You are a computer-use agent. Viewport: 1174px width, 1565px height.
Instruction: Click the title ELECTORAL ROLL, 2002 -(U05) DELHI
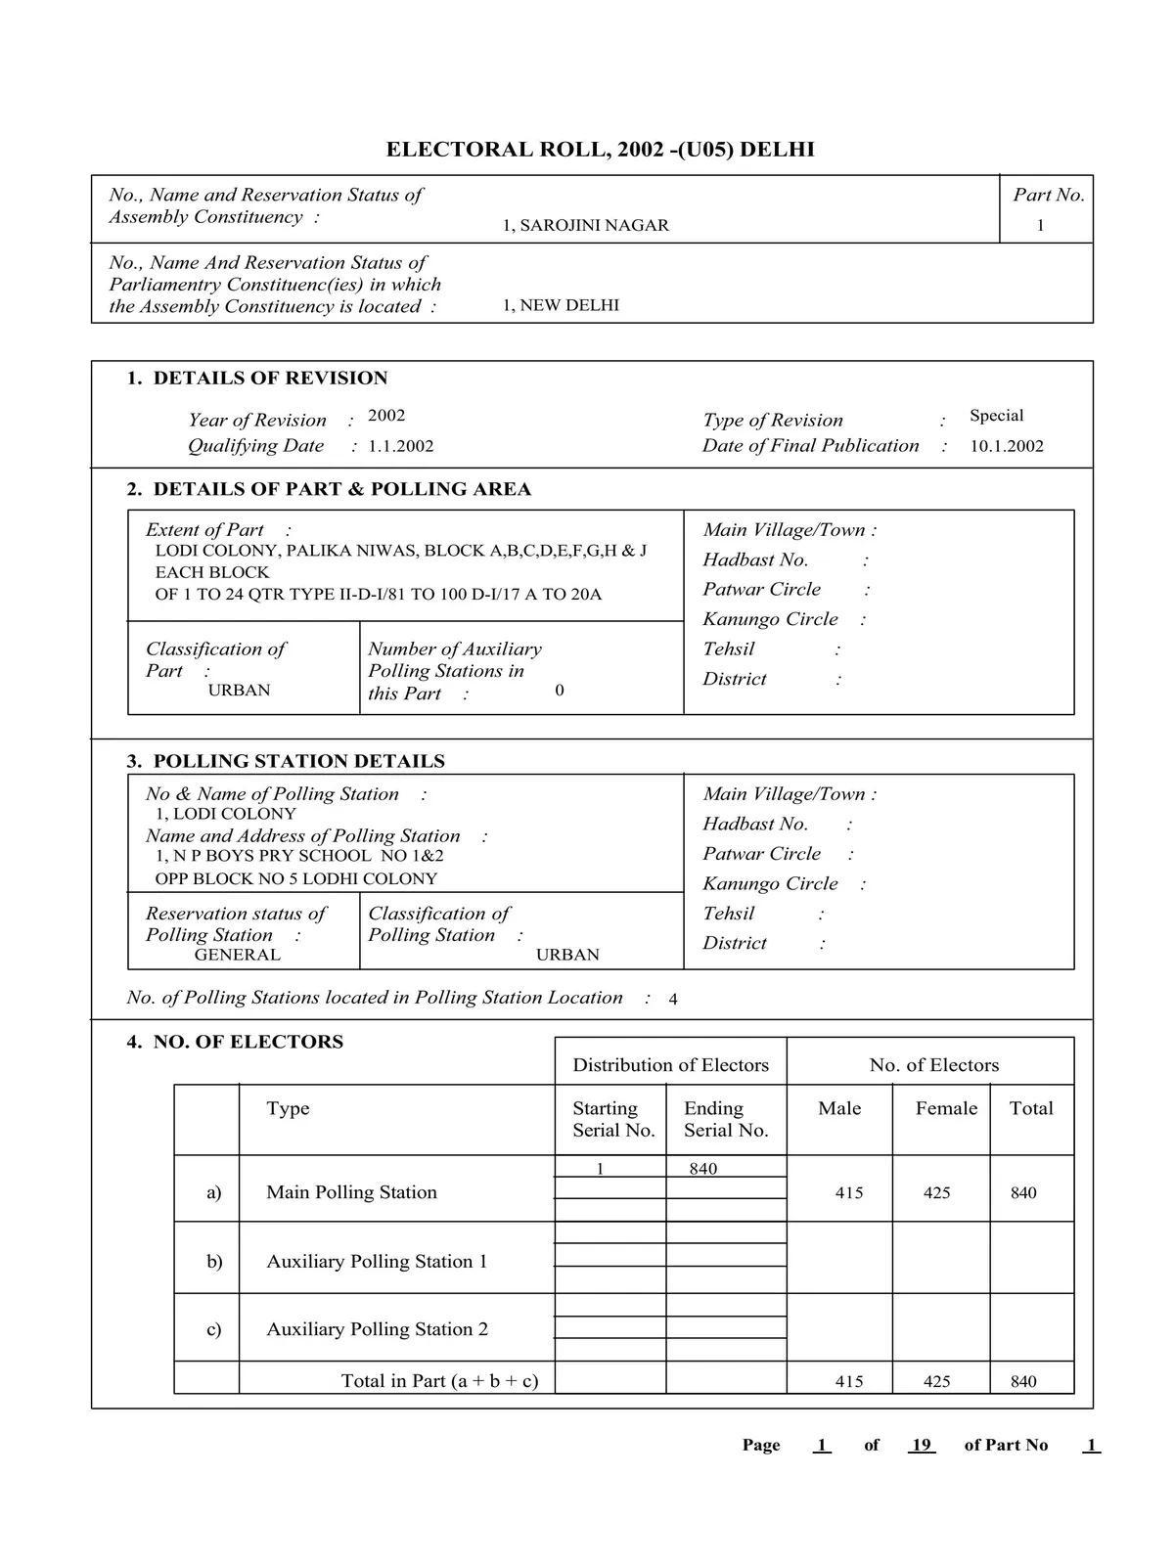point(600,150)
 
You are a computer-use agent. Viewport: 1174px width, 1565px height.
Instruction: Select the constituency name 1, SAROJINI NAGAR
point(585,225)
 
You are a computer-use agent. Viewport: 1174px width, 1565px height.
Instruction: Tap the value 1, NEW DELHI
point(561,305)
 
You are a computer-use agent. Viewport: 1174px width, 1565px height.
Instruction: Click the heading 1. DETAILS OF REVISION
point(257,378)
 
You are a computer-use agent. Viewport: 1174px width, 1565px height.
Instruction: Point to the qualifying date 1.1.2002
point(400,446)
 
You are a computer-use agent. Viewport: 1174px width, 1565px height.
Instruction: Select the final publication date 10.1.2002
point(1007,446)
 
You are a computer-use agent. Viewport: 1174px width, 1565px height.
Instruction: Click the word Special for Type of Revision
point(996,416)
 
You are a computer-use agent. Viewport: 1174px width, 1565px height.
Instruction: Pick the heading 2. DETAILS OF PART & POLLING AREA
point(329,489)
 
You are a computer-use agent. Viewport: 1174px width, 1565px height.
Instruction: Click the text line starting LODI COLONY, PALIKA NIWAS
point(400,551)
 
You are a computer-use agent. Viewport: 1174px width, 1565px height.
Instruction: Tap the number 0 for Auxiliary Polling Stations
point(560,691)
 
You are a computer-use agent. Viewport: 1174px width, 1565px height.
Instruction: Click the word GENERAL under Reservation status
point(237,955)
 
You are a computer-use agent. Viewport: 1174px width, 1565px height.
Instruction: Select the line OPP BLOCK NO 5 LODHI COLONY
point(295,878)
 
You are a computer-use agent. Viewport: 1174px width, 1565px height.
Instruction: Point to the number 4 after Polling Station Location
point(673,1000)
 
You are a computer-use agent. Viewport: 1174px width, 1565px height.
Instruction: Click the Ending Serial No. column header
point(726,1119)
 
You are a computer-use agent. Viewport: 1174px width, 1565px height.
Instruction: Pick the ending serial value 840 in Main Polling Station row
point(702,1169)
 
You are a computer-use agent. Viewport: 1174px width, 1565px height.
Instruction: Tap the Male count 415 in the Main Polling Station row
point(849,1193)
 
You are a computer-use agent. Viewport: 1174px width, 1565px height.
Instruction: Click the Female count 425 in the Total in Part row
point(936,1382)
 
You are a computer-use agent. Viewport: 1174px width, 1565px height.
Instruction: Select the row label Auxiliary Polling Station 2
point(377,1329)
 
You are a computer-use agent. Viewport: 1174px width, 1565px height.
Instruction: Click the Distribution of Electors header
point(670,1065)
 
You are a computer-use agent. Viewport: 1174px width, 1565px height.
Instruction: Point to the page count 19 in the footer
point(921,1446)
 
